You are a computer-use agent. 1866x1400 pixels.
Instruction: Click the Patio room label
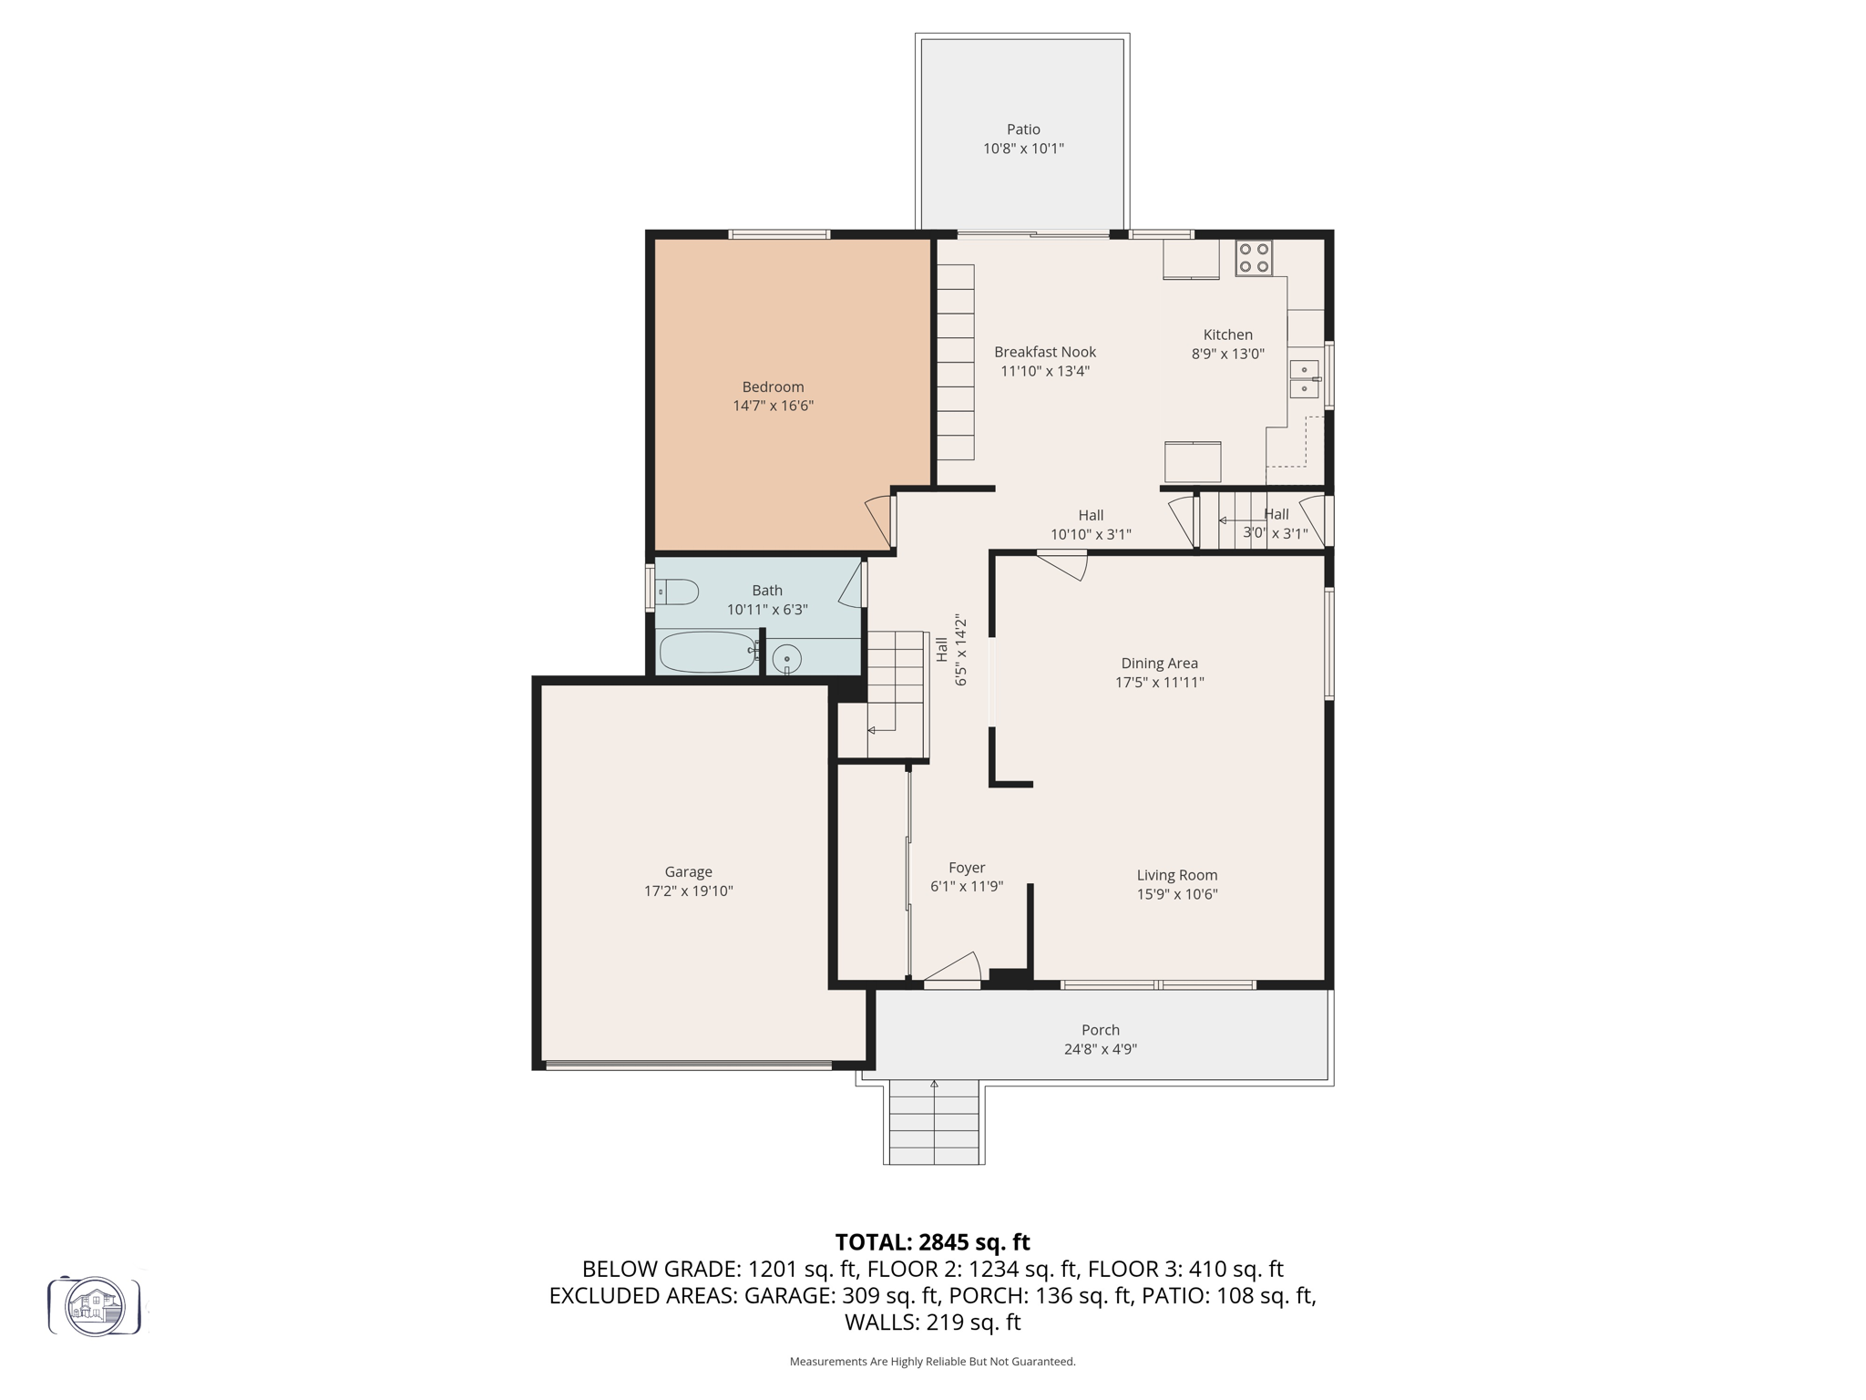tap(1023, 129)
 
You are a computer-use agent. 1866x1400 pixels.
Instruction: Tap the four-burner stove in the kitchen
tap(1254, 258)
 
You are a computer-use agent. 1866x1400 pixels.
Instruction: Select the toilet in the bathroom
tap(677, 593)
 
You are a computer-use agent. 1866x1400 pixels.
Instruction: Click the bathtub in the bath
tap(707, 652)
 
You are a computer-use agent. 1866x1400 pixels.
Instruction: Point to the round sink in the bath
tap(786, 657)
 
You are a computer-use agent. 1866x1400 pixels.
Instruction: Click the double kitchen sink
tap(1304, 379)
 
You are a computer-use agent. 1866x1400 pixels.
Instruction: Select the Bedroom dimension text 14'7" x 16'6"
tap(773, 406)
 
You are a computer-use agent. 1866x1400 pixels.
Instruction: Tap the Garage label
tap(688, 871)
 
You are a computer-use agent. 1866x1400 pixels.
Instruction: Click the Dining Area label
tap(1159, 664)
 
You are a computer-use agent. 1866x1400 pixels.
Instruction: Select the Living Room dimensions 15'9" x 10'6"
tap(1176, 894)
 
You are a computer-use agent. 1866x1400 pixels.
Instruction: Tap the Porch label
tap(1100, 1030)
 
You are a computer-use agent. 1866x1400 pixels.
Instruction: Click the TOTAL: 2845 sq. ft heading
tap(932, 1242)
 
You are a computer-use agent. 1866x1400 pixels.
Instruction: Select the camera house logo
tap(95, 1306)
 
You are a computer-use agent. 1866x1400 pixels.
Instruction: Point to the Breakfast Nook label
tap(1044, 352)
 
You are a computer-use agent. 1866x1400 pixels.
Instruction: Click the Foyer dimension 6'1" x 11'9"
tap(966, 886)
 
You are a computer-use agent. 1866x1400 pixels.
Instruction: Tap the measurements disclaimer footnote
tap(932, 1362)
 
